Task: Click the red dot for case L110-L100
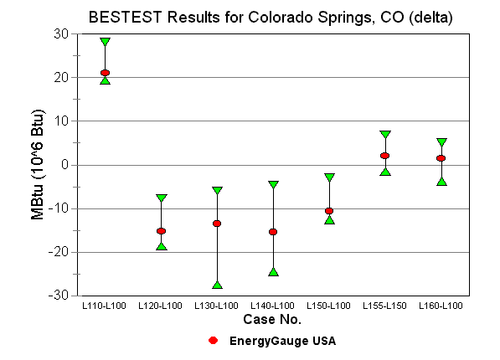(105, 73)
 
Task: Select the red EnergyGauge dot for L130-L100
(217, 224)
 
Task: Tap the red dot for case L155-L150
(385, 156)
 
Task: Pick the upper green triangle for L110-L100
(105, 42)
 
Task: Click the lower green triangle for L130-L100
(217, 285)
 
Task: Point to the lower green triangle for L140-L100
(273, 271)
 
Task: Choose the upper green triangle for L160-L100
(441, 142)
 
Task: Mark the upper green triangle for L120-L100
(161, 198)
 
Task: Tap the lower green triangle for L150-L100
(329, 219)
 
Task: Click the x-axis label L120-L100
(161, 306)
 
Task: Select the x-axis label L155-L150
(385, 306)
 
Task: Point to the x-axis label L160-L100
(441, 306)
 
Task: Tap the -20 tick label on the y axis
(59, 252)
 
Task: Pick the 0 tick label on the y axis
(64, 165)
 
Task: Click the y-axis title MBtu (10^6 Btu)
(39, 164)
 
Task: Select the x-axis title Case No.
(272, 320)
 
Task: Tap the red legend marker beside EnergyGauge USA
(214, 341)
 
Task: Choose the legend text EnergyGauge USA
(283, 341)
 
